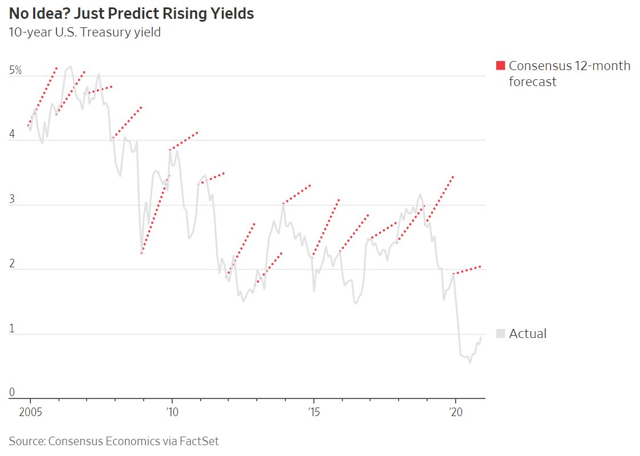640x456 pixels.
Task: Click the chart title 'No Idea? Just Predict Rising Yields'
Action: point(131,14)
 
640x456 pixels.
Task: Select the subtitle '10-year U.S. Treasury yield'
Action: point(84,32)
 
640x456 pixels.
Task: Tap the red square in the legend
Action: point(501,66)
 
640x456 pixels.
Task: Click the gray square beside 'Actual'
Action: point(501,334)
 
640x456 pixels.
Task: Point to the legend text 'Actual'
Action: point(528,334)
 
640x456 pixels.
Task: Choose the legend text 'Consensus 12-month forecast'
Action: point(569,74)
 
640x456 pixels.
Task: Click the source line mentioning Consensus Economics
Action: point(114,441)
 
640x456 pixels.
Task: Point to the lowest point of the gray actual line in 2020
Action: point(470,363)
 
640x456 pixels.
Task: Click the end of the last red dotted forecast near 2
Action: point(480,266)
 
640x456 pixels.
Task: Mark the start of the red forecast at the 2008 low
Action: point(141,253)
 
